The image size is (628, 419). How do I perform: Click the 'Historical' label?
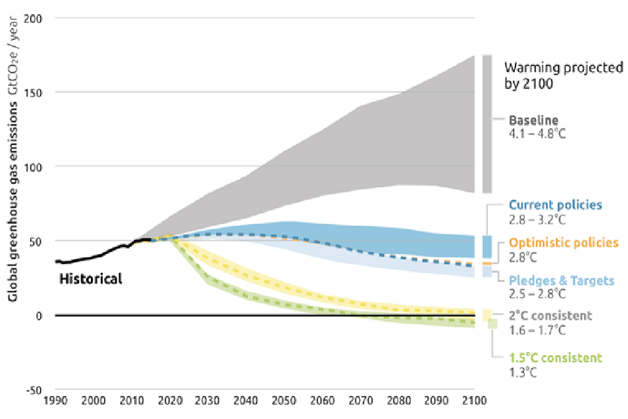pos(90,279)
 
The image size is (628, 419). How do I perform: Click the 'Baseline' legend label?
pos(534,120)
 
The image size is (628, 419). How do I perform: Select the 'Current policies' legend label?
pos(555,205)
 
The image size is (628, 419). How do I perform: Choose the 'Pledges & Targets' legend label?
pos(562,281)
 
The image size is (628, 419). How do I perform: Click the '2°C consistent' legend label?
pos(550,316)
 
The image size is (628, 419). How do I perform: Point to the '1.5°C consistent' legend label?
pos(555,358)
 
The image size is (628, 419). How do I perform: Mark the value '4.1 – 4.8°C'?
pos(537,134)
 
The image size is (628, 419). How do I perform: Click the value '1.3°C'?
pos(523,373)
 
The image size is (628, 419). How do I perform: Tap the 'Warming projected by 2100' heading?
pos(563,75)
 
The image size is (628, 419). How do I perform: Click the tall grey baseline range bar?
pos(487,124)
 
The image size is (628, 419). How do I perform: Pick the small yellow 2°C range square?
pos(487,315)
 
